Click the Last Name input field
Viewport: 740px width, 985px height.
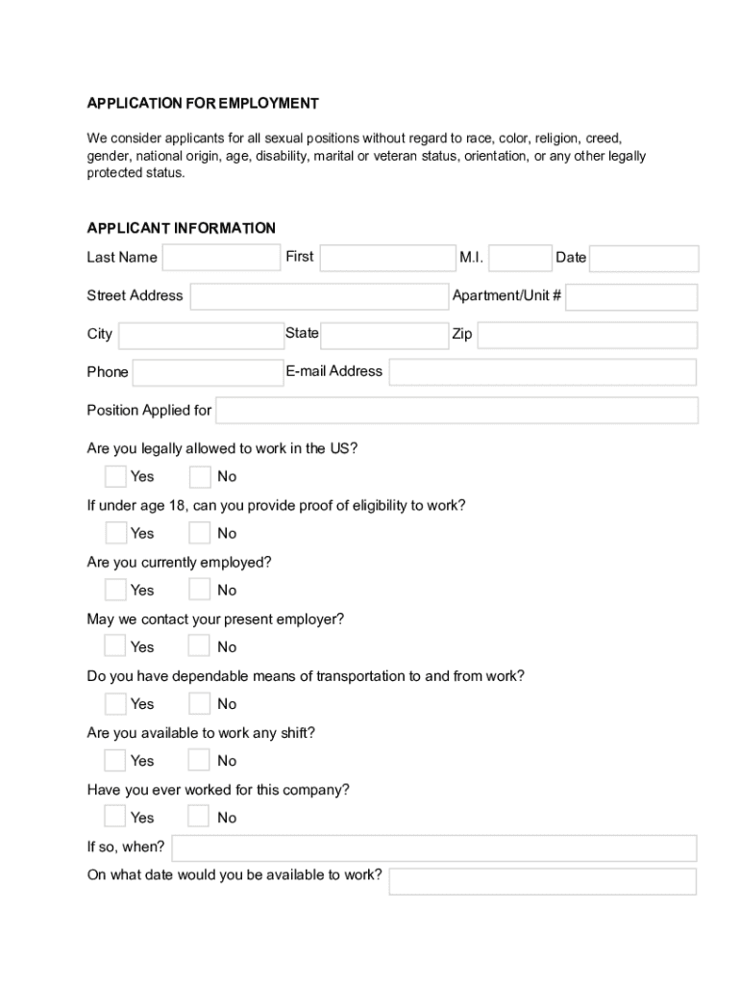coord(221,258)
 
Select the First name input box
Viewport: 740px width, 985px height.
coord(387,258)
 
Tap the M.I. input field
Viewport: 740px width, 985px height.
coord(520,258)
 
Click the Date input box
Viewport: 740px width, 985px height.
coord(643,259)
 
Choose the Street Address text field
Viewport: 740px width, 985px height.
coord(319,297)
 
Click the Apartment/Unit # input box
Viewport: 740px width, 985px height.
coord(631,297)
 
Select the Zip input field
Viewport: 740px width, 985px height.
coord(586,336)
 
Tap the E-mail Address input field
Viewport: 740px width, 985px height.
coord(542,372)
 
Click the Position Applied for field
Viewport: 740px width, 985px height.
coord(456,411)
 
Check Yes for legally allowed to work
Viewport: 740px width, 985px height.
coord(115,476)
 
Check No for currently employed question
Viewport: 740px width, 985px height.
coord(199,590)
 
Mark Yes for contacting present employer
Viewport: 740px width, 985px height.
coord(115,646)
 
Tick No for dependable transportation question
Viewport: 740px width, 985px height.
coord(199,703)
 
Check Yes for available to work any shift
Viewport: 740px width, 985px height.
coord(115,760)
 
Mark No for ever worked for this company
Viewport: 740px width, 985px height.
coord(199,817)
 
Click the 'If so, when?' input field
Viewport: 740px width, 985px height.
coord(433,848)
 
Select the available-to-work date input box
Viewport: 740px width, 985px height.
coord(542,881)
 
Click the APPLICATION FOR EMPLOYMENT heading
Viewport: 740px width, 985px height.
coord(203,103)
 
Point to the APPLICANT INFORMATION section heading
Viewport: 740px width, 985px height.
coord(181,228)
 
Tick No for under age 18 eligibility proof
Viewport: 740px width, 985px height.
coord(199,533)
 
